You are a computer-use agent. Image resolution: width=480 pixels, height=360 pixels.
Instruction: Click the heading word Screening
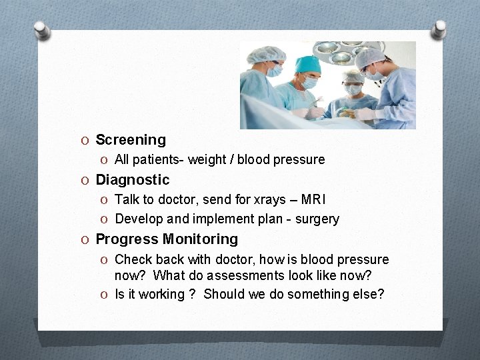(131, 140)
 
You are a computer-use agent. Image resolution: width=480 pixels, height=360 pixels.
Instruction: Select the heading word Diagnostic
(133, 180)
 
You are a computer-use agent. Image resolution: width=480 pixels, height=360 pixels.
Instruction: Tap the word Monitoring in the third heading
(201, 239)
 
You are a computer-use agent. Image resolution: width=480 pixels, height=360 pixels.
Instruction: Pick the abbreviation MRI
(313, 199)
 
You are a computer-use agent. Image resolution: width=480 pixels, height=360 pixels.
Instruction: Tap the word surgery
(317, 219)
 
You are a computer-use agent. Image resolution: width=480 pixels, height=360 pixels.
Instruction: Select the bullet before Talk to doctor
(107, 200)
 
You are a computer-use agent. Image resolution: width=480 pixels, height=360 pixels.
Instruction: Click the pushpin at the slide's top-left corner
(41, 30)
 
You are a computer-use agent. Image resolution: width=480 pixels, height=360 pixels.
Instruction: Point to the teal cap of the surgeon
(308, 64)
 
